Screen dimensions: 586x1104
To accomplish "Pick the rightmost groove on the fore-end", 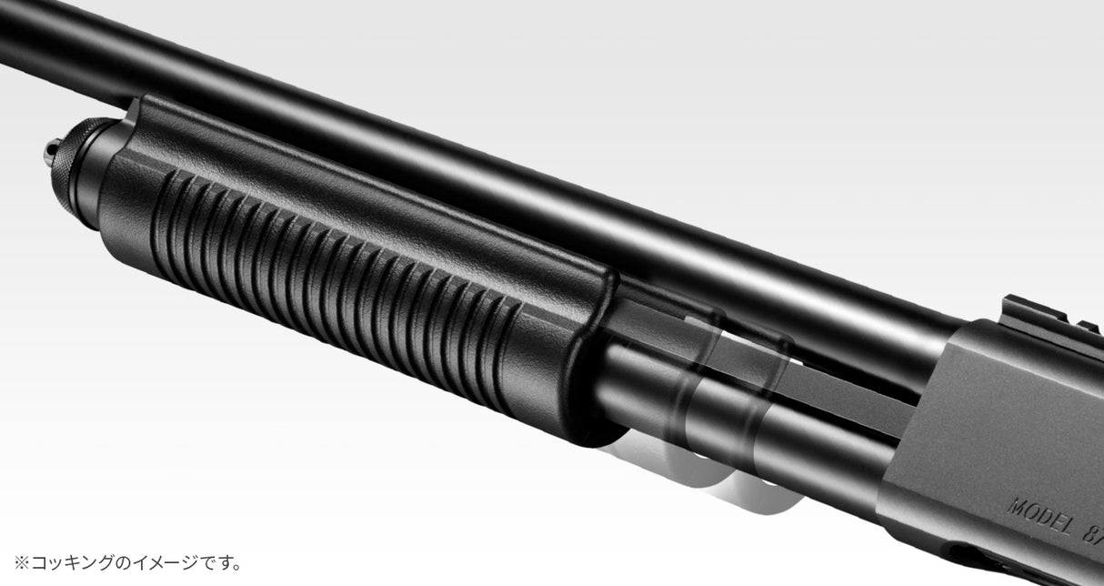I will click(509, 349).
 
